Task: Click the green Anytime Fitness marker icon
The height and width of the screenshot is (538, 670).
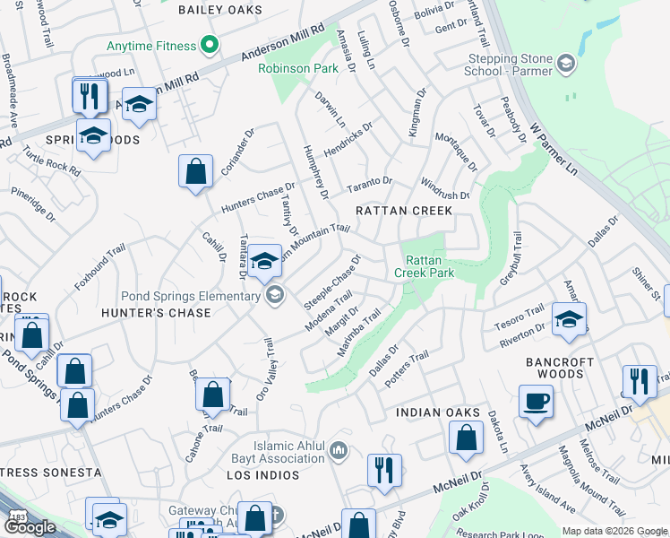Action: click(x=209, y=43)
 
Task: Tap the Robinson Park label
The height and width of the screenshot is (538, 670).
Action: click(x=291, y=67)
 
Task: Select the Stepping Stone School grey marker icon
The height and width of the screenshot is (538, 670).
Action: click(x=565, y=63)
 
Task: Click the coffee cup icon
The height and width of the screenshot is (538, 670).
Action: click(x=537, y=401)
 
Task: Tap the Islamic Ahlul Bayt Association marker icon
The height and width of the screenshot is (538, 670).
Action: click(x=339, y=448)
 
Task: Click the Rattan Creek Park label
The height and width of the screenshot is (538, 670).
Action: click(x=425, y=266)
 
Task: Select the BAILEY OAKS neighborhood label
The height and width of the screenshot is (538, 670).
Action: click(x=220, y=10)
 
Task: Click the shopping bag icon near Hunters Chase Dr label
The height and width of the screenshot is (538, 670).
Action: click(x=195, y=170)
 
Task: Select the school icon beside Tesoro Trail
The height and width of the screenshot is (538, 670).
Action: click(x=569, y=318)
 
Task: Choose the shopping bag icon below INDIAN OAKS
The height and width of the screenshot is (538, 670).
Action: click(x=466, y=438)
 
